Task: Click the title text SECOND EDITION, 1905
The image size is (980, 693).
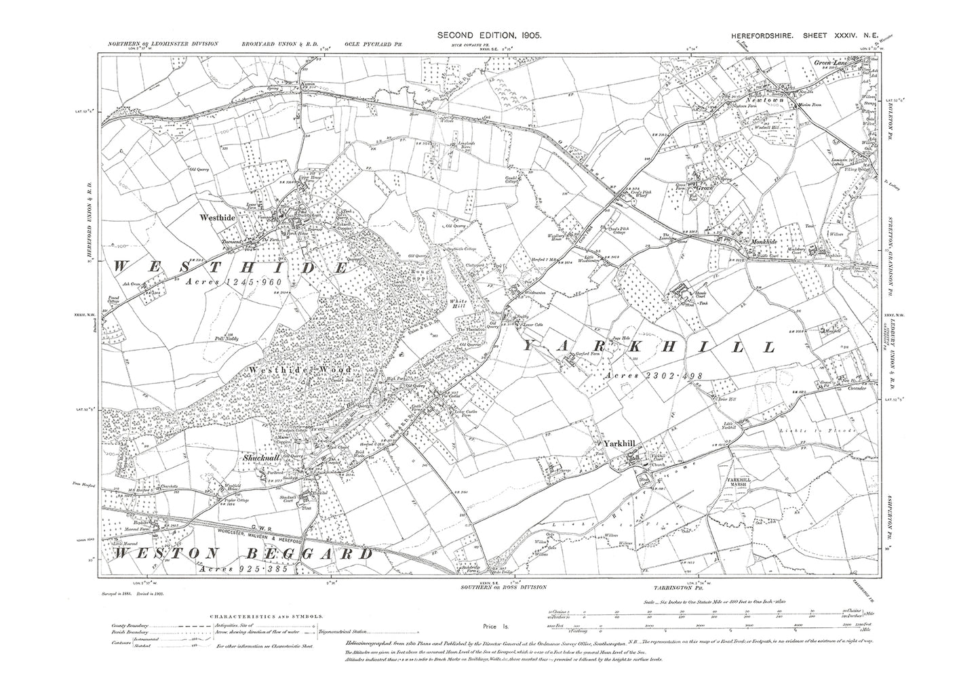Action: click(x=489, y=34)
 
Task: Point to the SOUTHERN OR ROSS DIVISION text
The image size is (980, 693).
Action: click(x=503, y=587)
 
